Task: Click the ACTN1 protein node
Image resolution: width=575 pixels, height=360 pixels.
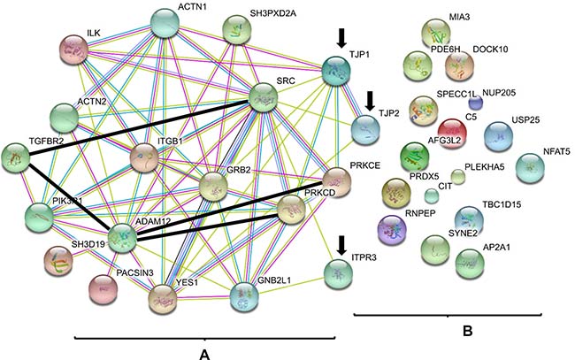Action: [x=165, y=24]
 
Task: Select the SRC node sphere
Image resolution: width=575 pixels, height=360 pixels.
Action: [x=263, y=97]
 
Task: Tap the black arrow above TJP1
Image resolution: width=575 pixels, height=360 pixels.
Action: [x=341, y=39]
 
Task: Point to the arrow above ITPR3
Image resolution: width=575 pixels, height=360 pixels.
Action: [x=341, y=245]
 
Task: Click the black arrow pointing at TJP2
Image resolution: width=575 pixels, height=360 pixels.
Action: [x=370, y=101]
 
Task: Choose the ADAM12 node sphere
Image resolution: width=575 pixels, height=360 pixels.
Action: [x=122, y=238]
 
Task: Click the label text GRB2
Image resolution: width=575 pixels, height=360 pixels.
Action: [x=238, y=170]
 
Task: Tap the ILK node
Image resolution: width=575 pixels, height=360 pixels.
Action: [x=73, y=50]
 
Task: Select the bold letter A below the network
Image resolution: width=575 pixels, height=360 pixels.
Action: [x=204, y=355]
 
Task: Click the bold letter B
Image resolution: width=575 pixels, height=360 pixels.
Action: [x=467, y=331]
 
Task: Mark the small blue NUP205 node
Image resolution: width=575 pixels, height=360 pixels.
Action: [x=476, y=103]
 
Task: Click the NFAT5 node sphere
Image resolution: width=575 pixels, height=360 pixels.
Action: [x=530, y=168]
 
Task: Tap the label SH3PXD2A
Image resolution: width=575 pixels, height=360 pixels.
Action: [x=272, y=13]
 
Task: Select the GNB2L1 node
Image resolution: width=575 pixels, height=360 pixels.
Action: [x=244, y=296]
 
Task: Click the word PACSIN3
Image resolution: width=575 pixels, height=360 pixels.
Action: [x=134, y=272]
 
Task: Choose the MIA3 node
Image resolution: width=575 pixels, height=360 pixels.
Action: [x=436, y=34]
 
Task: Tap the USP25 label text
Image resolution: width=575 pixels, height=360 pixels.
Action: [x=525, y=120]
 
